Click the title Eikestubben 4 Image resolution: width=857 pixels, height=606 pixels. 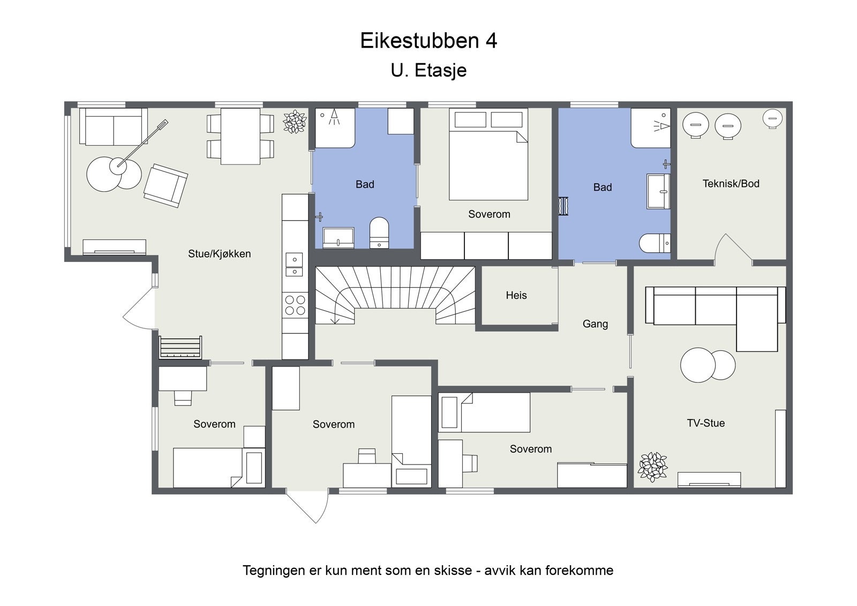point(428,41)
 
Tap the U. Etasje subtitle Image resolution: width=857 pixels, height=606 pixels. point(428,70)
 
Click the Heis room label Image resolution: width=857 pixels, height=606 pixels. point(516,295)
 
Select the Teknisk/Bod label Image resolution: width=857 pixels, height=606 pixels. point(731,184)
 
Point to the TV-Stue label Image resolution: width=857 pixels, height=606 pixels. point(705,423)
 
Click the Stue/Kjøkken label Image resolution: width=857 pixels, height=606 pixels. point(219,254)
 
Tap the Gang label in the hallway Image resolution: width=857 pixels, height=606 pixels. point(595,324)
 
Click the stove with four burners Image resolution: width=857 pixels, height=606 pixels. point(295,305)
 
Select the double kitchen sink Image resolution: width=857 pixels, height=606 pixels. point(294,264)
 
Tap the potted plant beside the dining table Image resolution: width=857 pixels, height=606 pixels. point(294,122)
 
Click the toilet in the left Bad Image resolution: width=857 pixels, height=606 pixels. point(379,233)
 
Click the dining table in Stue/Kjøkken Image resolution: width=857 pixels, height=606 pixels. point(240,136)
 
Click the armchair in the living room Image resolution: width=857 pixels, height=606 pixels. point(165,185)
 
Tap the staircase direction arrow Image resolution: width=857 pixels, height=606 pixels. point(335,319)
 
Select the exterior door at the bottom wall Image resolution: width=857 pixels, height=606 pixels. point(307,505)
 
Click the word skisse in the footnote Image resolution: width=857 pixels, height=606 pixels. point(453,571)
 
